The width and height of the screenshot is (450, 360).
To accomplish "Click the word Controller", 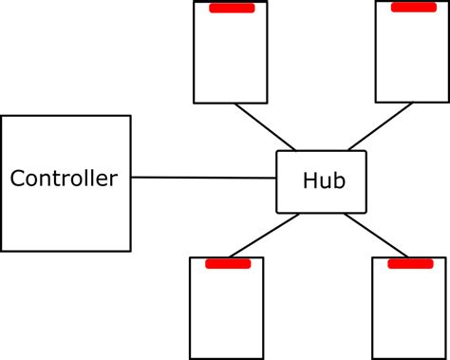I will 64,179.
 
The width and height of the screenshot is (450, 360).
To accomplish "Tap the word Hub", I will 321,181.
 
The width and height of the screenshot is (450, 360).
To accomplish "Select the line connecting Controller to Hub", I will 203,178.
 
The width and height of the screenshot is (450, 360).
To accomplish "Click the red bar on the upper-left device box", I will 232,9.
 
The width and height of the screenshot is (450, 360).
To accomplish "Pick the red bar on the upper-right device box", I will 414,8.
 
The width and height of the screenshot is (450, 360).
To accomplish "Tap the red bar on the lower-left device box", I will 227,263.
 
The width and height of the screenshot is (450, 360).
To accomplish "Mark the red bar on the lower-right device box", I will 410,263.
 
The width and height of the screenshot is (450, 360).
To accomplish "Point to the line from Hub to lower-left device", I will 270,235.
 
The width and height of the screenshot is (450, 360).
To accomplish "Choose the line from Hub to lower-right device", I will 374,235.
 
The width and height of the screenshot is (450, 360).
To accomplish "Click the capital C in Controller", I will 17,179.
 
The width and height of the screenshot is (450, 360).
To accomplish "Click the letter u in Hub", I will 322,182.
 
